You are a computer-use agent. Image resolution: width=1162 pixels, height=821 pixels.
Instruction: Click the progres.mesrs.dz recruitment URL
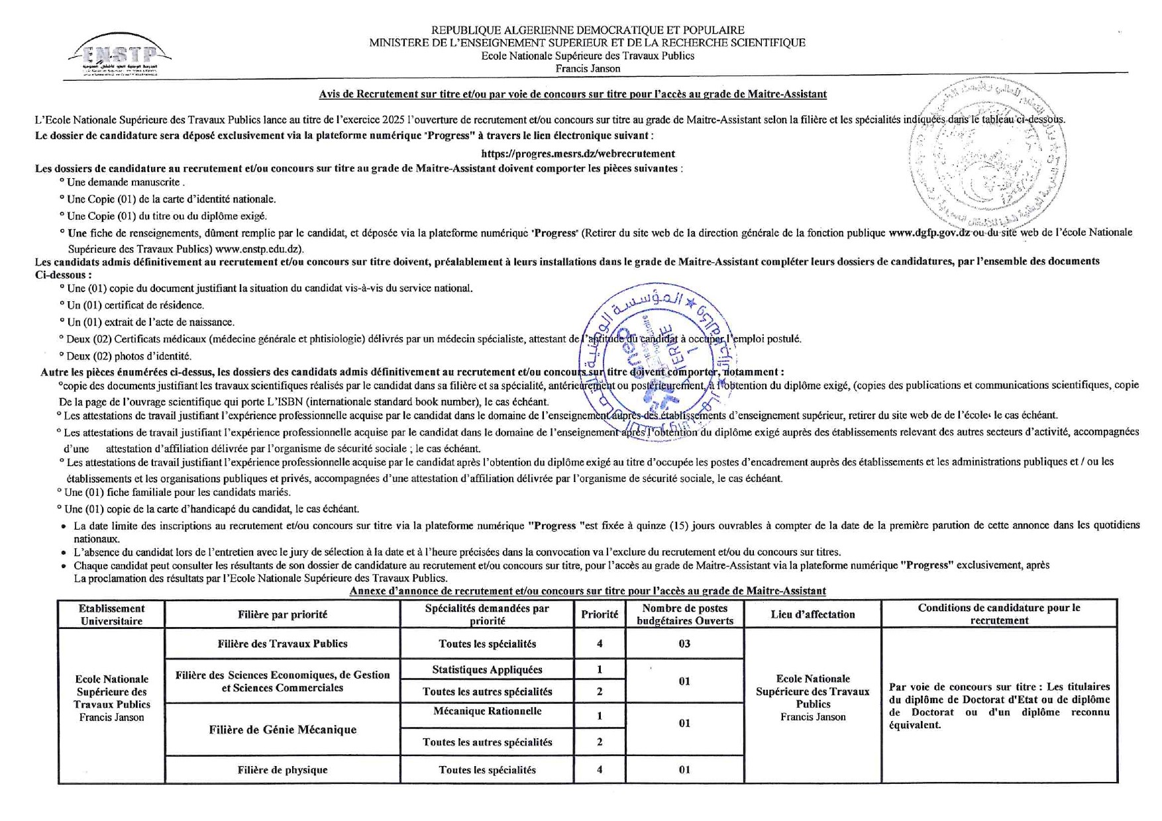tap(578, 154)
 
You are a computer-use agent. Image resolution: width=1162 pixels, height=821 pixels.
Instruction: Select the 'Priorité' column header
tap(600, 614)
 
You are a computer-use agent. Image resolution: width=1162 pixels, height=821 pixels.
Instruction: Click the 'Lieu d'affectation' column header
tap(813, 614)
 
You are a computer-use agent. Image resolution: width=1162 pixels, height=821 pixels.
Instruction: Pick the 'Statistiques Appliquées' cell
tap(487, 669)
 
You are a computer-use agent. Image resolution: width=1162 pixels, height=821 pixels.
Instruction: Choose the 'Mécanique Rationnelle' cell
tap(487, 711)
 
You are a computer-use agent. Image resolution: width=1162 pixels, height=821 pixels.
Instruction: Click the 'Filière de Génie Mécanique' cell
tap(282, 730)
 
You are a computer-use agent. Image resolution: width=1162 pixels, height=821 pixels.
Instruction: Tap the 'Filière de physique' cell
tap(282, 770)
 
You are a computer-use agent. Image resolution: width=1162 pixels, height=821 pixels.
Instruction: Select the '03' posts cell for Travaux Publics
tap(684, 644)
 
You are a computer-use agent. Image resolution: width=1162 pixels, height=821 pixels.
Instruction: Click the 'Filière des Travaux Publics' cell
tap(282, 644)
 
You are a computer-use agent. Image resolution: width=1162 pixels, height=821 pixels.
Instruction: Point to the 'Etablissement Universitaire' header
tap(111, 614)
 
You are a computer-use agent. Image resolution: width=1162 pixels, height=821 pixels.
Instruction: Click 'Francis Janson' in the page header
tap(588, 69)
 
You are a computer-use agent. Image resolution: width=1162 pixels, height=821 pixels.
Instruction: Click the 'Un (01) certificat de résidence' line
tap(135, 305)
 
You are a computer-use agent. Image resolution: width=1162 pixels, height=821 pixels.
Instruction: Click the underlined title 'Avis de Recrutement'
tap(572, 94)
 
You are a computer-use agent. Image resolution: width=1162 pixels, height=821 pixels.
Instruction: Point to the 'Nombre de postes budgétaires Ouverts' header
tap(684, 614)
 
